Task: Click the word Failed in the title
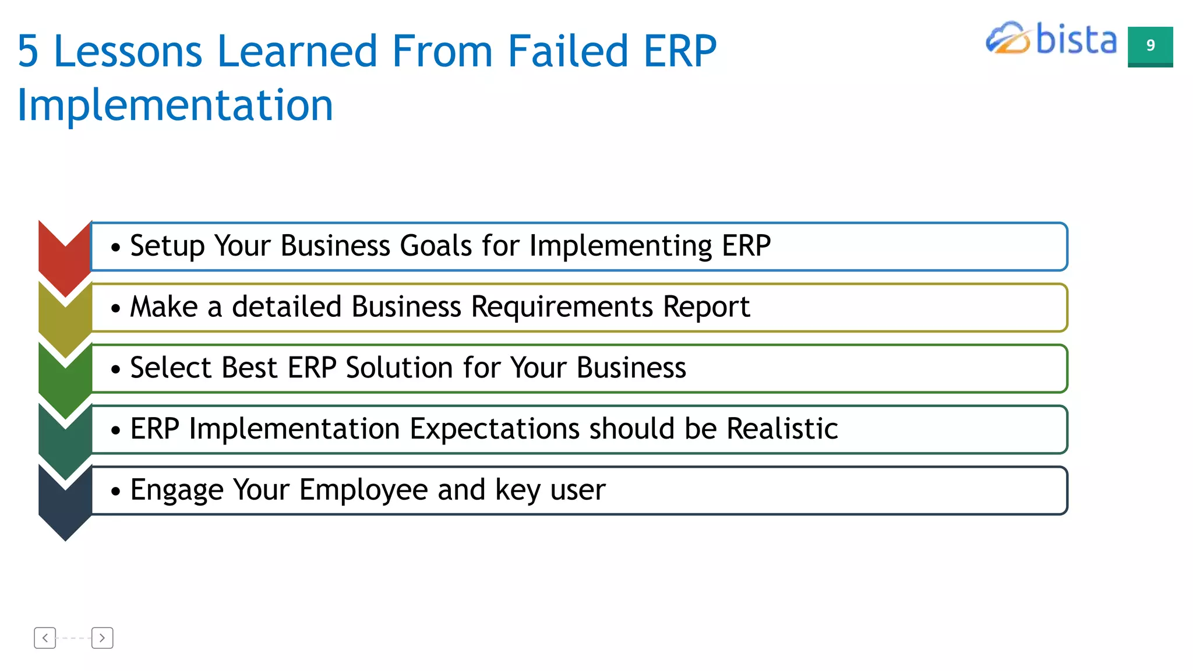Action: click(567, 51)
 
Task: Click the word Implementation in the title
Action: click(175, 106)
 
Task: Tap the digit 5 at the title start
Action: click(28, 51)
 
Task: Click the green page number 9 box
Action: click(1150, 46)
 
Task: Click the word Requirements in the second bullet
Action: click(562, 307)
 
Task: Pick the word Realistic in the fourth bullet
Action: click(782, 429)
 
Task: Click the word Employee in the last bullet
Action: click(363, 490)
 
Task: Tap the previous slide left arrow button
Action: click(45, 638)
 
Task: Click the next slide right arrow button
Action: click(102, 638)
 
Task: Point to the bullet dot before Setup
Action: click(115, 248)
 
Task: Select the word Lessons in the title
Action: click(127, 51)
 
